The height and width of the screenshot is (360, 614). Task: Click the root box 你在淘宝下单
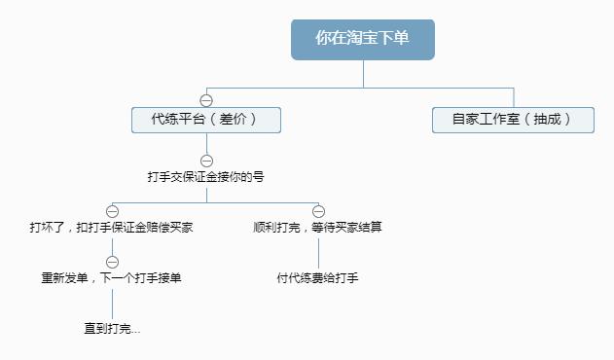click(362, 39)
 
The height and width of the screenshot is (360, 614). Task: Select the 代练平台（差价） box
click(206, 120)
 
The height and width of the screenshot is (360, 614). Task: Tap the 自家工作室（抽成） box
click(513, 120)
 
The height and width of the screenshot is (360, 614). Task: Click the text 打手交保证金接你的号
click(206, 178)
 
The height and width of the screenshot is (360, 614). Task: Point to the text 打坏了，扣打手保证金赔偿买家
click(111, 228)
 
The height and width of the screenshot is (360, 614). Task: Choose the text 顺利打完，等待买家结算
click(318, 228)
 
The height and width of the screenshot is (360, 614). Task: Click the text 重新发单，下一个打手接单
click(111, 278)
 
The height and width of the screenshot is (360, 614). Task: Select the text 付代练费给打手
click(318, 278)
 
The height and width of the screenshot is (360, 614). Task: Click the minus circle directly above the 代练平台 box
click(206, 99)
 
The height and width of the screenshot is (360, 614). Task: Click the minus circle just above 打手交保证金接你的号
click(206, 161)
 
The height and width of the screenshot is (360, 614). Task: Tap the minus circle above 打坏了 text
click(112, 211)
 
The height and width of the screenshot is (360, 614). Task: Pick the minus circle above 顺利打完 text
click(318, 211)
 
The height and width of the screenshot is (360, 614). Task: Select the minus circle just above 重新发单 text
click(112, 262)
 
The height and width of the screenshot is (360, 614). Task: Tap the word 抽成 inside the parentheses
click(547, 120)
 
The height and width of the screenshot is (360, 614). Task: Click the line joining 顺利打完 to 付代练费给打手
click(318, 253)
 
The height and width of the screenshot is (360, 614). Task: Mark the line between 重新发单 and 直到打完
click(112, 304)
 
